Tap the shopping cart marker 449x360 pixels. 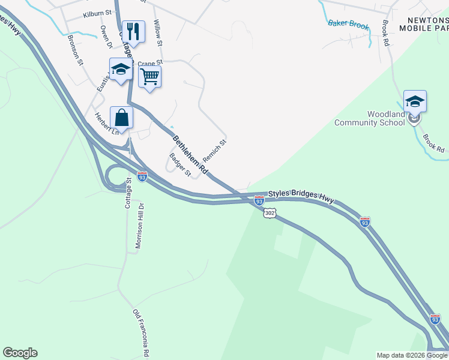pos(149,76)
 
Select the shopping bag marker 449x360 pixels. pos(121,118)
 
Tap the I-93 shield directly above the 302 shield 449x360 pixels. pos(259,199)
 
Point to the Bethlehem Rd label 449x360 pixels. pos(190,155)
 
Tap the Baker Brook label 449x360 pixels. pos(346,24)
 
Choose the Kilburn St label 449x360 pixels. pos(97,13)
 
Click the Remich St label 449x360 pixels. pos(214,151)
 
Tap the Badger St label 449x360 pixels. pos(179,165)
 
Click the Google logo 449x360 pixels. pos(20,353)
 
